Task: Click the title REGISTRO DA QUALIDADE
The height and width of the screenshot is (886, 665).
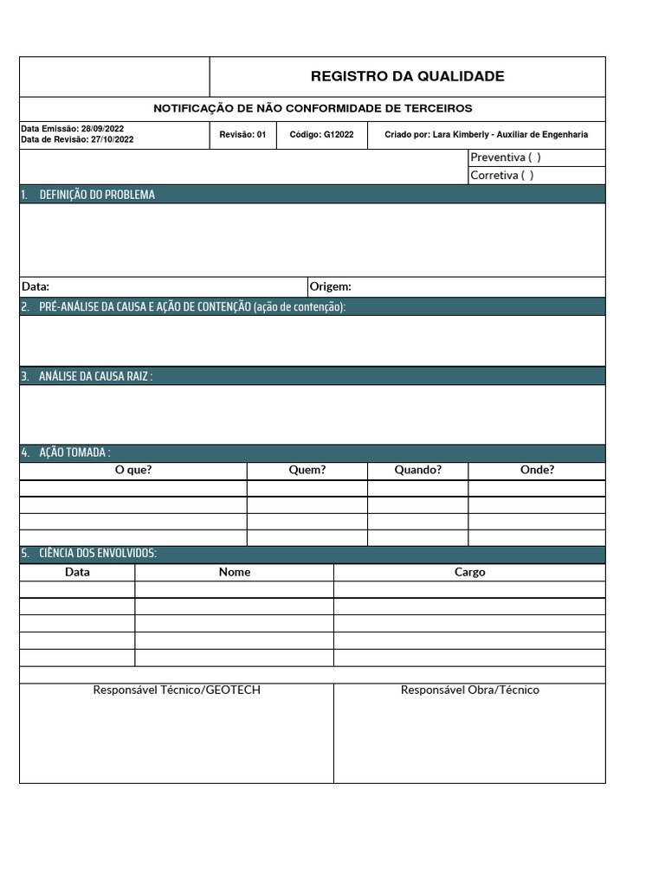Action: pos(407,76)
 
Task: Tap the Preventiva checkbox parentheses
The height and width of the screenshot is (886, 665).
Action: pos(534,157)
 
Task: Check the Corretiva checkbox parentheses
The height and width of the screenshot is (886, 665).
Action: pos(527,175)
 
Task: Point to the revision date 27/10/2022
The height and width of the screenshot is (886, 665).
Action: pos(112,139)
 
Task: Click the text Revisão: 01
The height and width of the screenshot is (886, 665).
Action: pos(242,135)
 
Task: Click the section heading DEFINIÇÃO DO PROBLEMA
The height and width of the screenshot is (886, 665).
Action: pos(97,195)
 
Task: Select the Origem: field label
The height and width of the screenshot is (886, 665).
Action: pos(330,286)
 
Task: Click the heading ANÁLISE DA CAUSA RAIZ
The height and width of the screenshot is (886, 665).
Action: pos(95,376)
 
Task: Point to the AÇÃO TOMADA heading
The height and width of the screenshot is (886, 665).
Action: pos(74,453)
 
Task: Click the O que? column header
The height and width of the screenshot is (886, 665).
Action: pos(133,470)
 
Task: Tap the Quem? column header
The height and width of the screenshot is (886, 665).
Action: pos(307,470)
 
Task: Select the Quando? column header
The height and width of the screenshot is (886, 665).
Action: pos(417,470)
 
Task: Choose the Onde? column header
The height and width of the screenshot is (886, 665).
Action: pos(537,470)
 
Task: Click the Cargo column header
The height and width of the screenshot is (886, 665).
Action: pos(469,572)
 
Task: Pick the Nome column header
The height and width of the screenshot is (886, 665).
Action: pos(235,572)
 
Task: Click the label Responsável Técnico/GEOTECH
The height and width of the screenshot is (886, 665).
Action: pos(177,690)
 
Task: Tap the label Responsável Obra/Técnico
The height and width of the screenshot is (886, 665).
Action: pos(469,690)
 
